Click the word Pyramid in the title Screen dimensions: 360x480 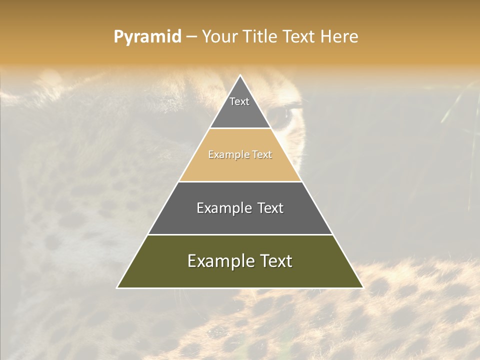(x=147, y=37)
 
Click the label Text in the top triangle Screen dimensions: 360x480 (x=239, y=101)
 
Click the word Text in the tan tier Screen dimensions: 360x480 (x=262, y=155)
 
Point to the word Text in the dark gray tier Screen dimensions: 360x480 (x=270, y=208)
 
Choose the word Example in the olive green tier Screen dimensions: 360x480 (x=221, y=261)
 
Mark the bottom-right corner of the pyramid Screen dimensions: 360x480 (x=362, y=287)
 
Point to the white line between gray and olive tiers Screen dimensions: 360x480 (x=240, y=234)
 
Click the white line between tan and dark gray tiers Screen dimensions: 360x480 (x=240, y=181)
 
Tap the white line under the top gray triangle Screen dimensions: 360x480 (x=240, y=128)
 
